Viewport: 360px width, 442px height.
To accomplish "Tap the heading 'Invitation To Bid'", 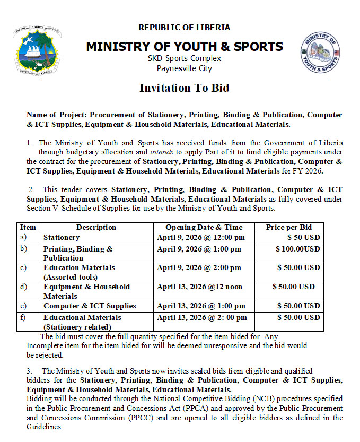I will (184, 88).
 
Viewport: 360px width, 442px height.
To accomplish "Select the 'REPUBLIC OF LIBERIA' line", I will (184, 28).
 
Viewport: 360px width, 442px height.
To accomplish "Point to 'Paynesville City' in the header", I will (184, 68).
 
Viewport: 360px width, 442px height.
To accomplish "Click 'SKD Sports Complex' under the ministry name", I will (184, 58).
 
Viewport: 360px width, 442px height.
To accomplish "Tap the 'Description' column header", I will (96, 227).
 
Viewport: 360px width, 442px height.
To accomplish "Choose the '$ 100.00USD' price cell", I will (297, 249).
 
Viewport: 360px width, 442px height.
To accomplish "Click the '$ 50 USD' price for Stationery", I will (303, 237).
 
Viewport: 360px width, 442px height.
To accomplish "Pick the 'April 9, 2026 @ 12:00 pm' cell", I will (201, 237).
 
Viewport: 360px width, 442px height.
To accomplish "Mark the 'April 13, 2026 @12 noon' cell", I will (199, 287).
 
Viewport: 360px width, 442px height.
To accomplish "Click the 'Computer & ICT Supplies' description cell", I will (90, 306).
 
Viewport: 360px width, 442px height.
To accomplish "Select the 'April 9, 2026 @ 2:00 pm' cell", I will (199, 268).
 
